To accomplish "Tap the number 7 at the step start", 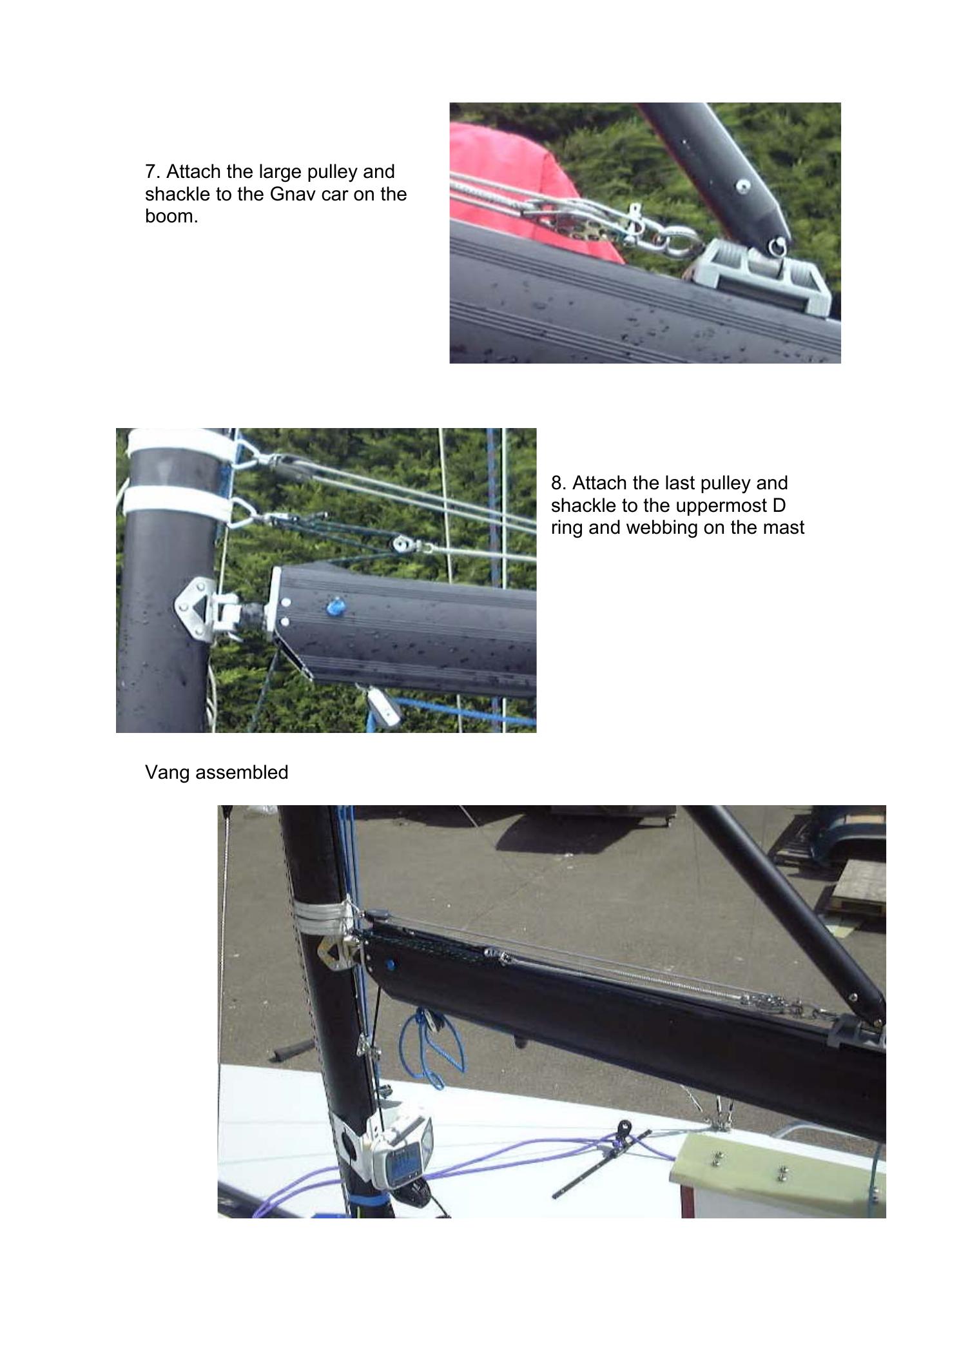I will [x=151, y=172].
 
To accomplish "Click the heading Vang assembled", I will [x=217, y=772].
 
